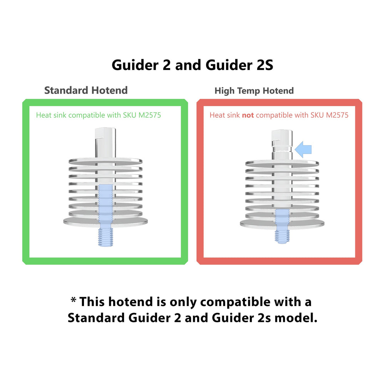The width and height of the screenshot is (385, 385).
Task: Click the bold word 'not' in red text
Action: coord(248,115)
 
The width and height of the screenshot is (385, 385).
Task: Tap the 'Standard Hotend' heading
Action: coord(86,90)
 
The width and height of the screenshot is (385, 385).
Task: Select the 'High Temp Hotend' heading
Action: coord(254,91)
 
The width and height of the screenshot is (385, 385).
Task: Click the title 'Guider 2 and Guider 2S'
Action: coord(192,65)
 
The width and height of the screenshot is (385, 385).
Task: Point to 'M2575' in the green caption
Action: coord(150,115)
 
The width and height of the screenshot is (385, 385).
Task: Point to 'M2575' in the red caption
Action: coord(337,115)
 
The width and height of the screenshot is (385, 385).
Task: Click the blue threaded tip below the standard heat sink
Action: coord(105,236)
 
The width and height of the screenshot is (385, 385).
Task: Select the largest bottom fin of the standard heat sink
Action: coord(105,221)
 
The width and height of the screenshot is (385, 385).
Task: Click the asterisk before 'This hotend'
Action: coord(74,301)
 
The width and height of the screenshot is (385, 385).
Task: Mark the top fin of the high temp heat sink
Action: coord(282,163)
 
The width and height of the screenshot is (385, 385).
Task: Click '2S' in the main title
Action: coord(264,65)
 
